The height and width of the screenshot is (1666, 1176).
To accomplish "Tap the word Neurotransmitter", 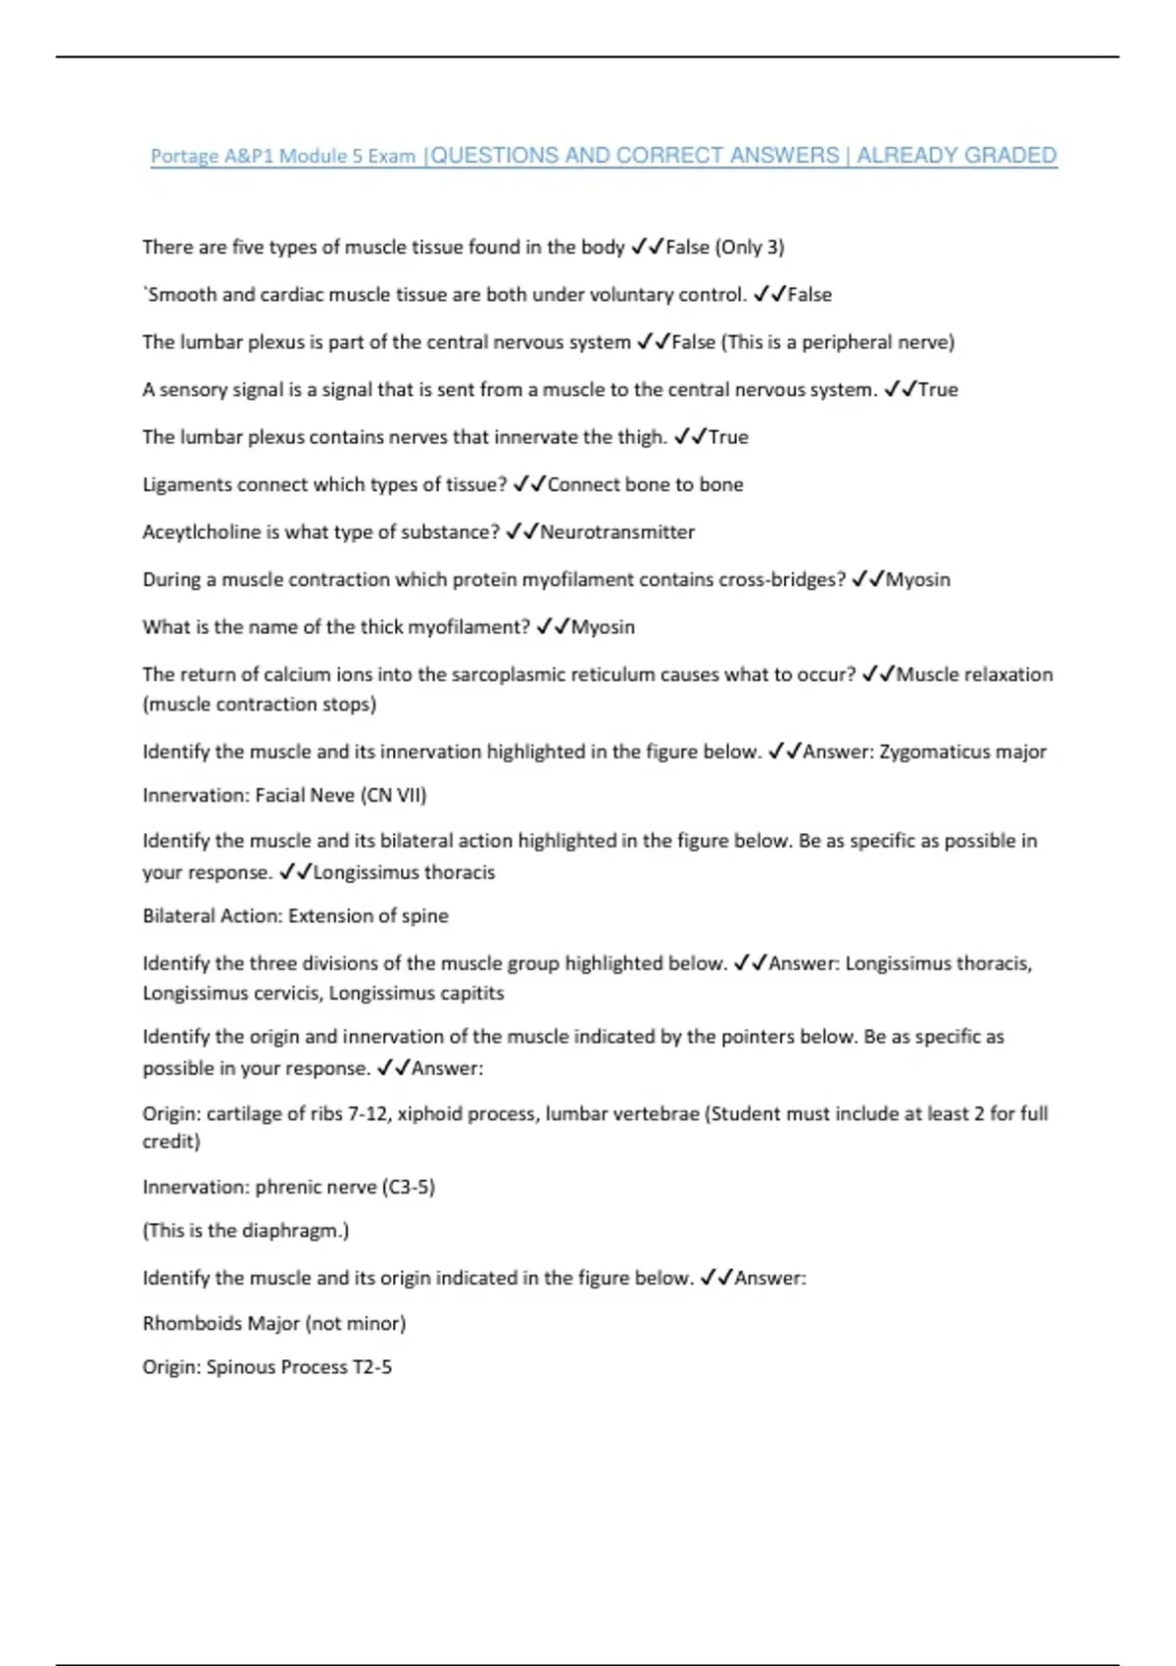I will coord(617,532).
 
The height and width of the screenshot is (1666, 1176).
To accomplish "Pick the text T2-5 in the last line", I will coord(372,1367).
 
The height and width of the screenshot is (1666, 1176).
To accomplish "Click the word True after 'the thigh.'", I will coord(728,437).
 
